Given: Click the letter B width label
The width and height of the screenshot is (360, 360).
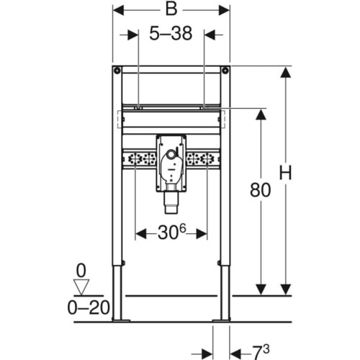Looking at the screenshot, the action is [x=171, y=9].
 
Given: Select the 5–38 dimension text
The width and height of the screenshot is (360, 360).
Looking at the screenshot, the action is [x=171, y=33].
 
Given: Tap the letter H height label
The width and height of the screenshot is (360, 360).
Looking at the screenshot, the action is [x=285, y=173].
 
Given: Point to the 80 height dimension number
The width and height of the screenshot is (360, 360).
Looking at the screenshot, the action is [x=260, y=190].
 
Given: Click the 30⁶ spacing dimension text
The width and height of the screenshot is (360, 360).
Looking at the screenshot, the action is [x=172, y=233].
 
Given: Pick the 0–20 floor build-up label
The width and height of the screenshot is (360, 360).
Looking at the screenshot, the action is [x=89, y=308].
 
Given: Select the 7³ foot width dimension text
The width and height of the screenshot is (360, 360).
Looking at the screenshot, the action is [x=261, y=352].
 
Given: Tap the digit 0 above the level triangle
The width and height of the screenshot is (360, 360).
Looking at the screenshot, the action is [x=81, y=271].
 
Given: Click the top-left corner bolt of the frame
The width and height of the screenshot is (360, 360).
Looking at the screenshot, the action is [x=117, y=71].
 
